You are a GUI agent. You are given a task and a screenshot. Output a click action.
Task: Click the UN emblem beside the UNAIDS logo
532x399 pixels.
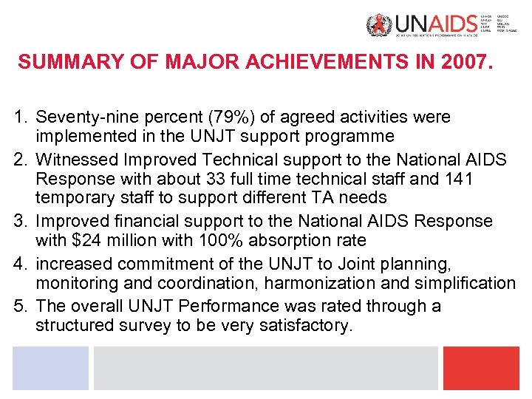click(x=375, y=27)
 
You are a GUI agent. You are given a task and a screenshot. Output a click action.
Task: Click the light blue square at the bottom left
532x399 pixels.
click(x=50, y=368)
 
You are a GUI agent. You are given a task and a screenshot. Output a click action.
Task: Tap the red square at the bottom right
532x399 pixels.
click(x=481, y=368)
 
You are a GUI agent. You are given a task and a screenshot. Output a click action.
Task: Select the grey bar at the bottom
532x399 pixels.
click(x=265, y=368)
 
